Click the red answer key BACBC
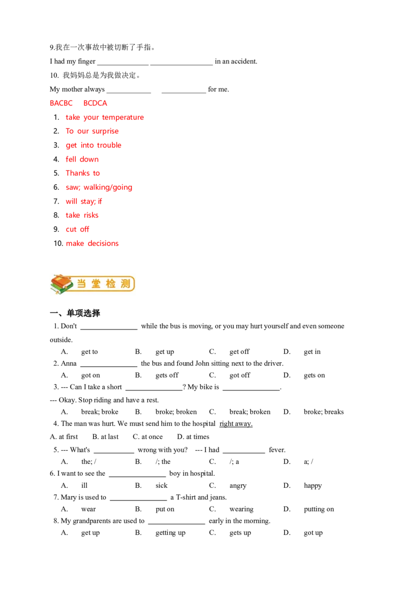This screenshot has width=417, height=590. pyautogui.click(x=61, y=103)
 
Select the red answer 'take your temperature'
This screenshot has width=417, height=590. pyautogui.click(x=105, y=117)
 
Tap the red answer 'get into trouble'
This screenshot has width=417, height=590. pyautogui.click(x=93, y=145)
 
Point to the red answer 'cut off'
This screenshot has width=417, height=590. pyautogui.click(x=77, y=229)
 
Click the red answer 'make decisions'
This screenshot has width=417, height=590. pyautogui.click(x=92, y=243)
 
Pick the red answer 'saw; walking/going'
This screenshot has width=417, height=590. pyautogui.click(x=99, y=188)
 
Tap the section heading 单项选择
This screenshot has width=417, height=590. pyautogui.click(x=83, y=313)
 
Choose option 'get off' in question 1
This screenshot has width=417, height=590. pyautogui.click(x=239, y=352)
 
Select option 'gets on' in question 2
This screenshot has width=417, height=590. pyautogui.click(x=314, y=375)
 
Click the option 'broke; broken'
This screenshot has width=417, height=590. pyautogui.click(x=176, y=412)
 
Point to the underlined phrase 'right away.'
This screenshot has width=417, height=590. pyautogui.click(x=236, y=424)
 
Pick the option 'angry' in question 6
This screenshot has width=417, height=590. pyautogui.click(x=238, y=486)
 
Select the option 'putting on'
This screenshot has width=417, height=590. pyautogui.click(x=319, y=510)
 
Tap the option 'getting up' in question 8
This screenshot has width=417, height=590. pyautogui.click(x=170, y=533)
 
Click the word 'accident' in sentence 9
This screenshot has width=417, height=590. pyautogui.click(x=244, y=62)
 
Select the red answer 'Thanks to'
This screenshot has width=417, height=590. pyautogui.click(x=83, y=173)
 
